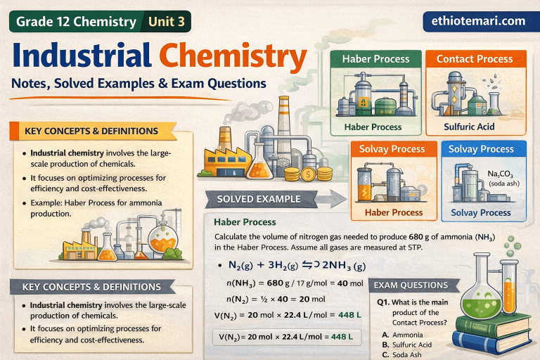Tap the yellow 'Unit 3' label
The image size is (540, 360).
(167, 22)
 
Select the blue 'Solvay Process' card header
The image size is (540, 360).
(481, 149)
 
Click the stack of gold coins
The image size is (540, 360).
(309, 172)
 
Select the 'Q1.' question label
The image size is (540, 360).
(384, 301)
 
